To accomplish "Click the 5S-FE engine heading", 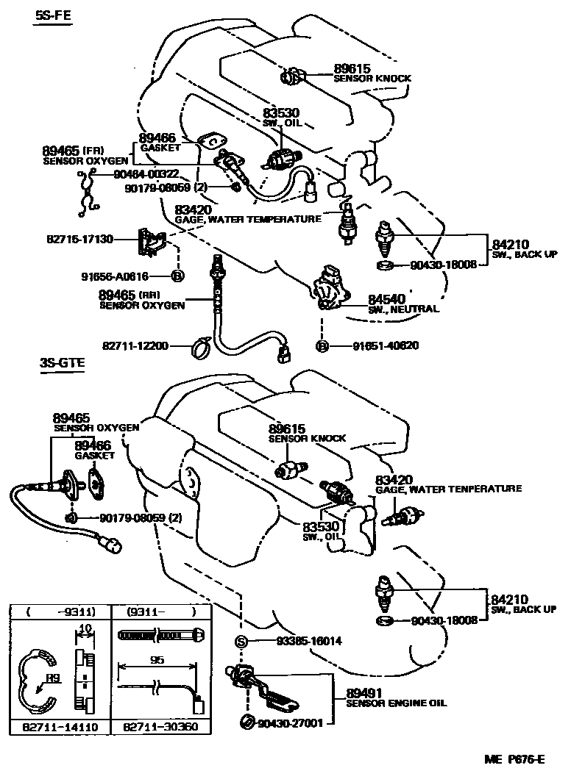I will tap(53, 15).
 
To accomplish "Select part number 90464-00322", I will tap(146, 174).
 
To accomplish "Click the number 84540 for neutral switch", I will tap(386, 300).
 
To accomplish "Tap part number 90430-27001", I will tap(291, 723).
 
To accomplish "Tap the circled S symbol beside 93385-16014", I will tap(239, 641).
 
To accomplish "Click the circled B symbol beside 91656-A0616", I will tap(177, 276).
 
